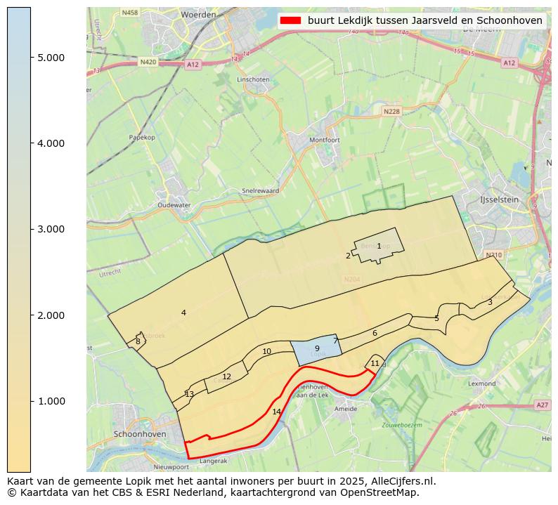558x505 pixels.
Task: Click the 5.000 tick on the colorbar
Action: (31, 58)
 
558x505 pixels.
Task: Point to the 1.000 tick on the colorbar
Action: (31, 401)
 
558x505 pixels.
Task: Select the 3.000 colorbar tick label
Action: (51, 229)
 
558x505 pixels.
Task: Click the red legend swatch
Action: (290, 20)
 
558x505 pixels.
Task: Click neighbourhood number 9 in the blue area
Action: (317, 348)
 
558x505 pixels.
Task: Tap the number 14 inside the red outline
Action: (276, 412)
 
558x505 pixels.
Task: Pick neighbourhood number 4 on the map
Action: (183, 313)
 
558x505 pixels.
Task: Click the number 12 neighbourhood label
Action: (226, 377)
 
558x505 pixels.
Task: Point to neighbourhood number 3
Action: (490, 302)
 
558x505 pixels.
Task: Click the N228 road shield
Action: (391, 111)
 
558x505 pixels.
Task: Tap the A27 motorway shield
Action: (542, 405)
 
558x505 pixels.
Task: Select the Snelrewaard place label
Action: (260, 190)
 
